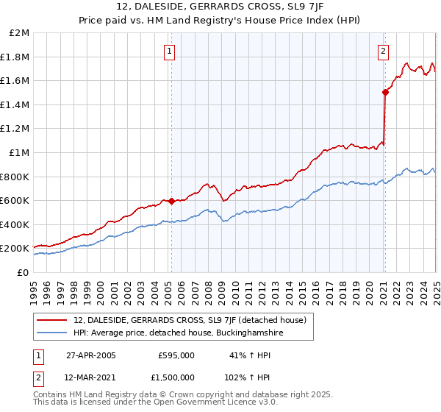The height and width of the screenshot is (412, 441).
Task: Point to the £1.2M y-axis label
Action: click(x=15, y=129)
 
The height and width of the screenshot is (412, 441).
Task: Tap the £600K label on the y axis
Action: click(x=15, y=200)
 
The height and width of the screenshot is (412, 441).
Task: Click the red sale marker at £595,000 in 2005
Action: click(x=171, y=200)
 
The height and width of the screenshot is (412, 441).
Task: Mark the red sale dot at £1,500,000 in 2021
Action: click(x=384, y=93)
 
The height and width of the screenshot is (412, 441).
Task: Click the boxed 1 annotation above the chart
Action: click(x=170, y=51)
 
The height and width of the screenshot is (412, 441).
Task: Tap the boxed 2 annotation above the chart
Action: click(x=384, y=51)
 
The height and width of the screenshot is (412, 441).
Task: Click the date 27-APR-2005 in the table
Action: click(x=91, y=355)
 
